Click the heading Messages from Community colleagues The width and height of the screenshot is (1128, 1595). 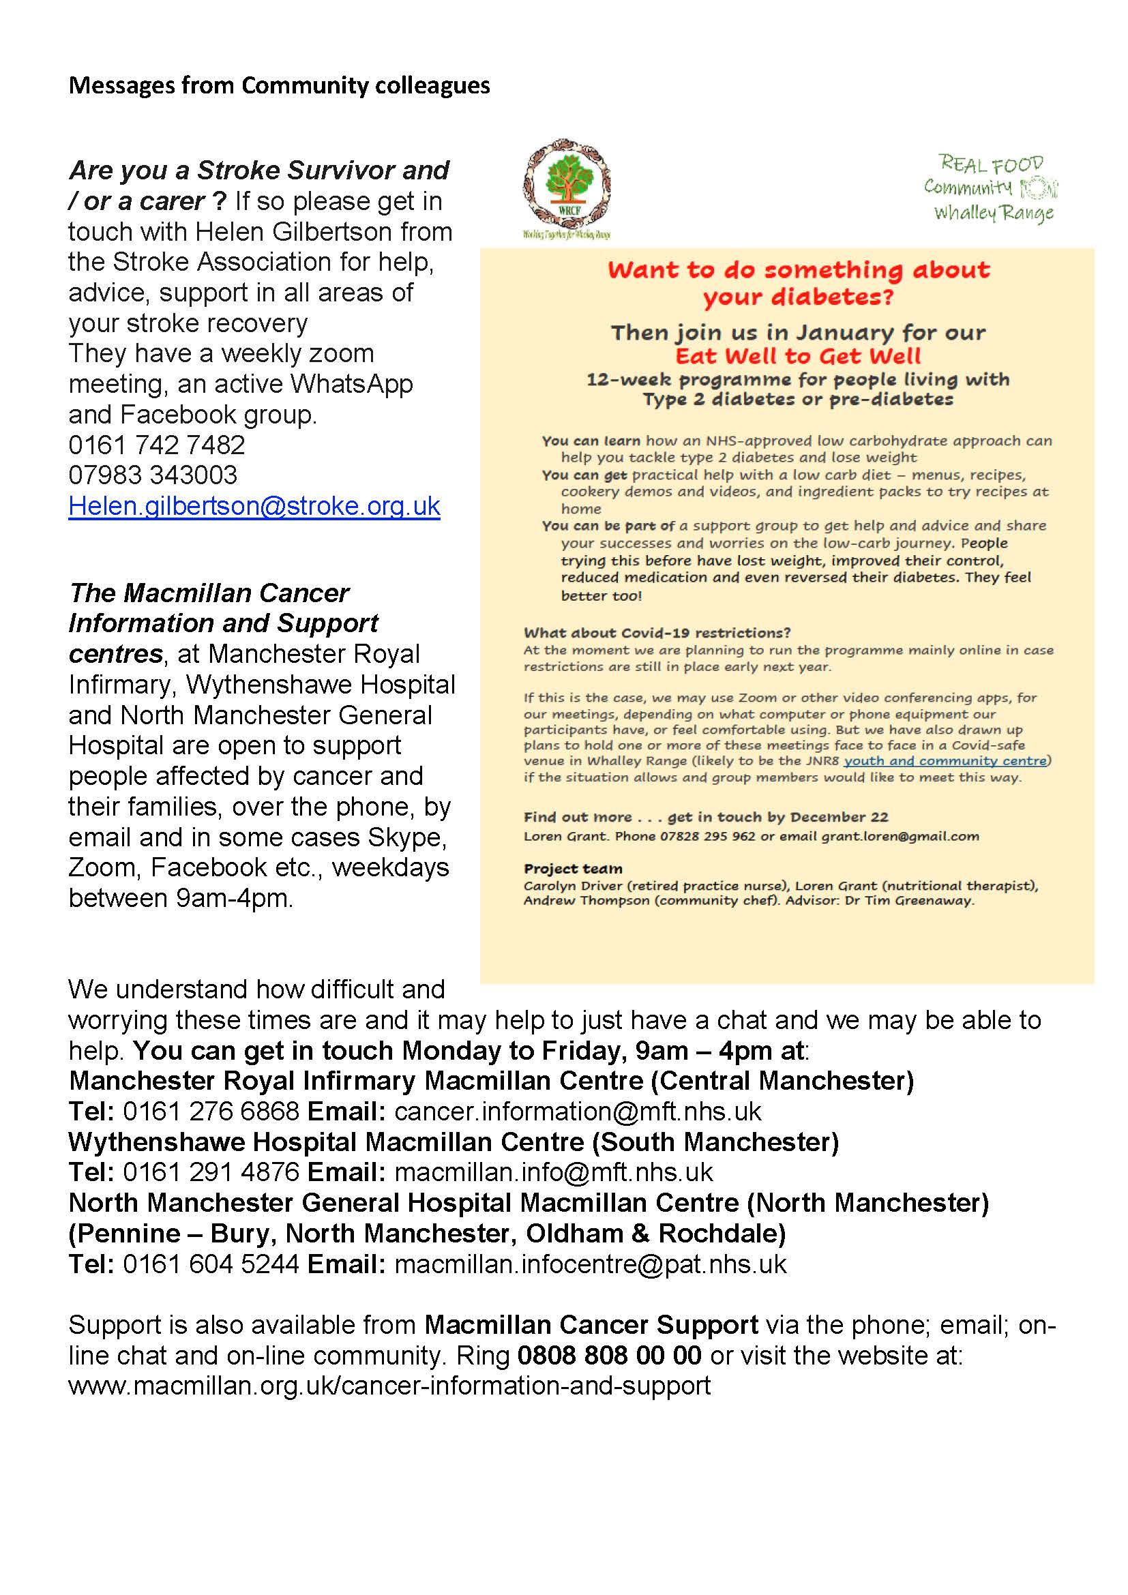[279, 85]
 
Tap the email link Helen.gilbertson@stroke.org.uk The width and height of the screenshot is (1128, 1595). [254, 506]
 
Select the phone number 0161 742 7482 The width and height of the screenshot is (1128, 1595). [157, 445]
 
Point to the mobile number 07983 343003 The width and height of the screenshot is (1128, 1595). [153, 475]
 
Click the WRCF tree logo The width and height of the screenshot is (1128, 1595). [566, 188]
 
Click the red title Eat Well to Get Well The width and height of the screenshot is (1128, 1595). [798, 357]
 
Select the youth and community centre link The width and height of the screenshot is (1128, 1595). [945, 761]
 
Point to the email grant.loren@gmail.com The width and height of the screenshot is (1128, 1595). [900, 837]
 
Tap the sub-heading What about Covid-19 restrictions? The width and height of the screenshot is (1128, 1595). [657, 633]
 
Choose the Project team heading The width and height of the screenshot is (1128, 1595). [573, 869]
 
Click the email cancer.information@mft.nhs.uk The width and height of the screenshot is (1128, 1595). [578, 1112]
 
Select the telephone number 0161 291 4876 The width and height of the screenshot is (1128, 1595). [211, 1173]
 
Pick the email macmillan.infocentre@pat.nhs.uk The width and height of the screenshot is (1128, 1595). [591, 1264]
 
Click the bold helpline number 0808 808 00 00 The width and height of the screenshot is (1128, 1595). [609, 1356]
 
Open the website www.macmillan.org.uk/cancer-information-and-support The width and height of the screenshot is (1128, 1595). [389, 1386]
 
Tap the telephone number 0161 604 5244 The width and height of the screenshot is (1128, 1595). [211, 1264]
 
